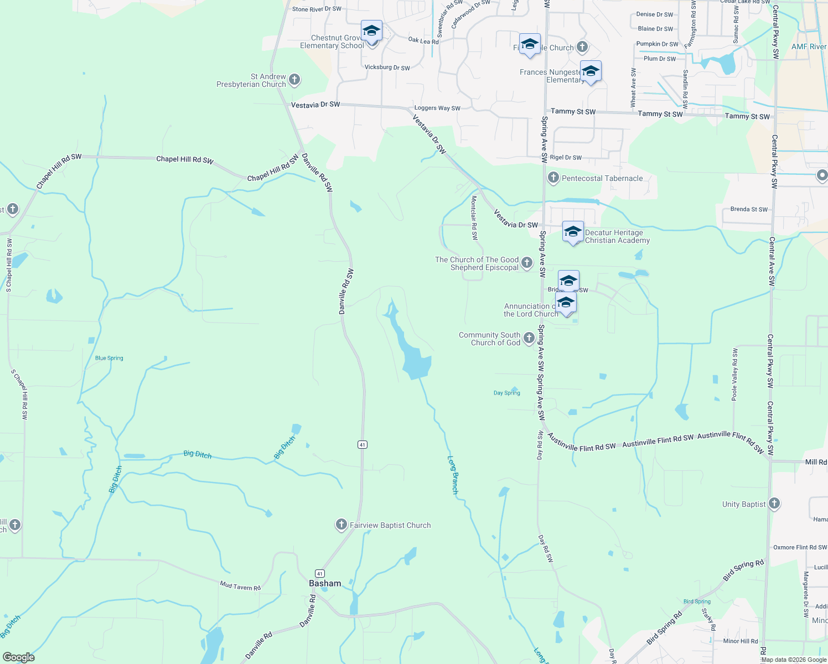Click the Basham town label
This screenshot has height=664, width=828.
click(325, 583)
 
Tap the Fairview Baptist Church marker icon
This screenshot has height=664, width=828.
click(341, 525)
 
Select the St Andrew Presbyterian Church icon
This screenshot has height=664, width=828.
click(294, 80)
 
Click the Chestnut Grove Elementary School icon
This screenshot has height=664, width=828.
click(371, 30)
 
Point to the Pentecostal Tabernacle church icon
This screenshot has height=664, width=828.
click(553, 178)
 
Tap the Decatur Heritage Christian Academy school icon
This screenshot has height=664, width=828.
click(573, 231)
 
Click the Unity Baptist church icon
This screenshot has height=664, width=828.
click(774, 504)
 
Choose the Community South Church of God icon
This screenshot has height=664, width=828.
click(529, 338)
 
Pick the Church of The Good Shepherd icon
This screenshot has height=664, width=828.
click(527, 263)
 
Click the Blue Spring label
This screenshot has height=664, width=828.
click(109, 358)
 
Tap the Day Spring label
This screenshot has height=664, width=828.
click(507, 393)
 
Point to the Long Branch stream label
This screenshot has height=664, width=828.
click(453, 475)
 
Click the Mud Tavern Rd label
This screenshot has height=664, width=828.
click(240, 585)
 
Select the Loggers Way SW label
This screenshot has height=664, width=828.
click(437, 108)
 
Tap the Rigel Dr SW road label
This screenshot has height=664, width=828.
click(566, 158)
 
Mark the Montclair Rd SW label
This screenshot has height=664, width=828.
click(474, 217)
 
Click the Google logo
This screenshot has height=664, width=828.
click(19, 657)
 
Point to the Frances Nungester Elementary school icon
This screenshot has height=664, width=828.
click(591, 71)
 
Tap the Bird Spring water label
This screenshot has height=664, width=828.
click(697, 601)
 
